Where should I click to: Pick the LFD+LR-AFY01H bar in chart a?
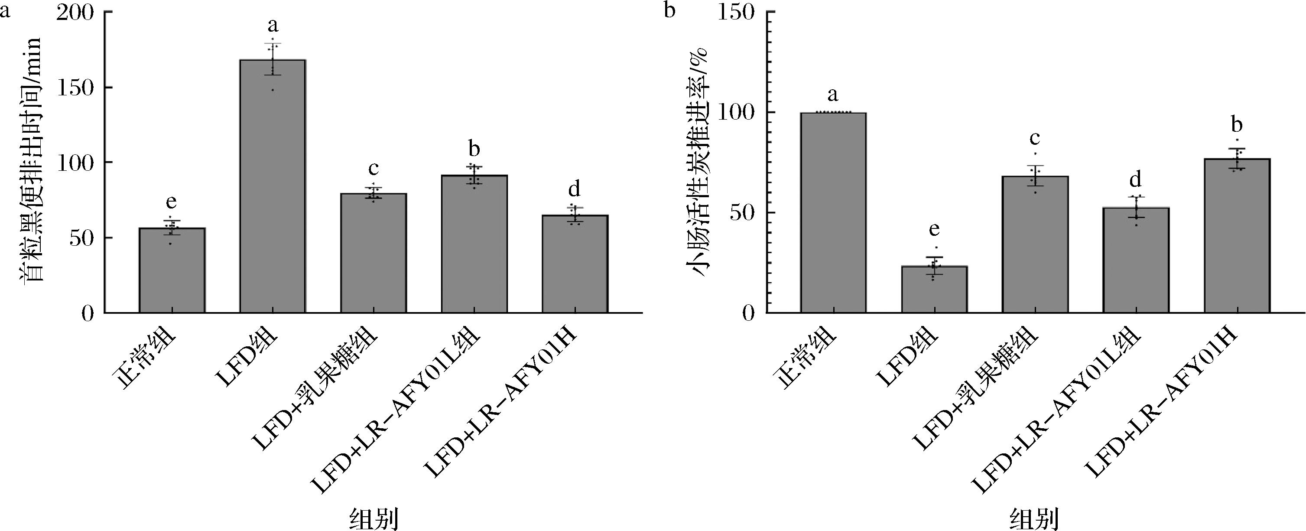[575, 264]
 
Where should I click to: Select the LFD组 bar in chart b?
[934, 289]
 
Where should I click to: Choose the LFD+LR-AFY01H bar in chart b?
[1237, 235]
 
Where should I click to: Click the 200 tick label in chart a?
[75, 13]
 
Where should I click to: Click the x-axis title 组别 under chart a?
[374, 518]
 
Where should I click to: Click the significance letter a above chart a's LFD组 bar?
[273, 26]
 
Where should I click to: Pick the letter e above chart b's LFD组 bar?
[934, 230]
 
